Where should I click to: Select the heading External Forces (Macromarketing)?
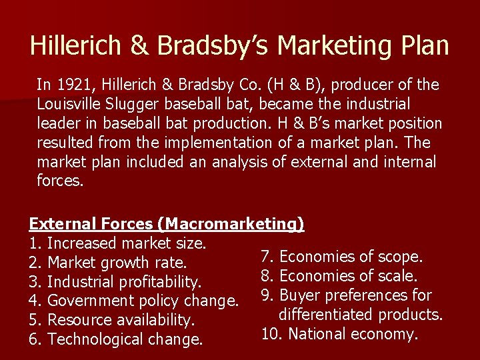166,224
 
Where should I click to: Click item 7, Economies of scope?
341,257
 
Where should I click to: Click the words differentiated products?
361,313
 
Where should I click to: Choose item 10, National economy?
339,333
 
